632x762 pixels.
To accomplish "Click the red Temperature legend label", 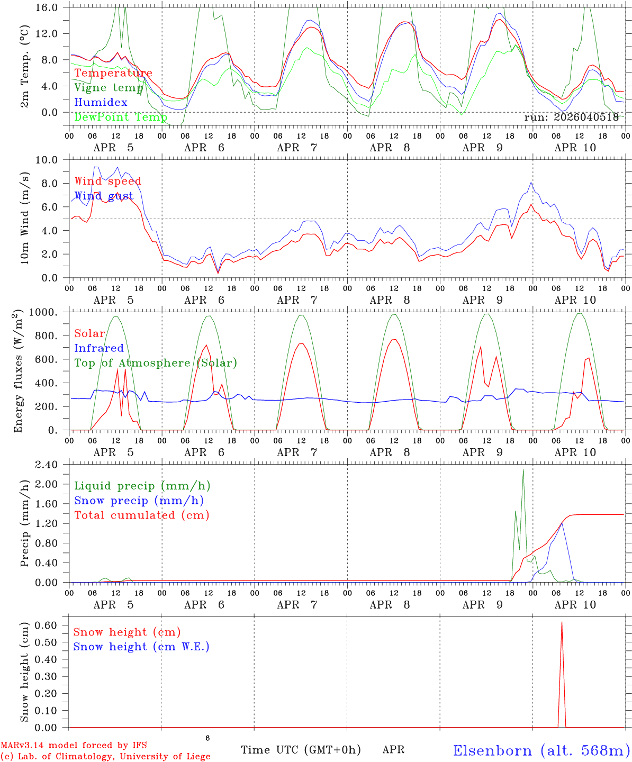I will click(x=113, y=73).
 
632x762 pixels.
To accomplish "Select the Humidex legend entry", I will click(x=101, y=103).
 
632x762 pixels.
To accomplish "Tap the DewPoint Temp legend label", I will click(x=120, y=117).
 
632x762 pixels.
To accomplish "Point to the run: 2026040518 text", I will click(x=571, y=117).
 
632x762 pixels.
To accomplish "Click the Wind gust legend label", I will click(x=104, y=196).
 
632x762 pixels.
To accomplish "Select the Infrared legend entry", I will click(x=98, y=348).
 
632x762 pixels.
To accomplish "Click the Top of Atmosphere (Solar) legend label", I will click(x=155, y=363).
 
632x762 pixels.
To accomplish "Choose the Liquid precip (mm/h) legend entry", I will click(x=142, y=486).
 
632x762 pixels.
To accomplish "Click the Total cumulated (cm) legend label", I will click(x=141, y=515).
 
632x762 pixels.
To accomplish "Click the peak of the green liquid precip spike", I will click(x=523, y=469).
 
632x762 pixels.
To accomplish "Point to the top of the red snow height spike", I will click(x=562, y=622).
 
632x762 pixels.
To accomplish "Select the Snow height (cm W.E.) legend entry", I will click(x=141, y=647).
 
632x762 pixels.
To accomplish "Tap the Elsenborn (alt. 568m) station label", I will click(x=541, y=750).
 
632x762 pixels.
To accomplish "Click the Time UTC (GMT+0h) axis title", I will click(x=301, y=750).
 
